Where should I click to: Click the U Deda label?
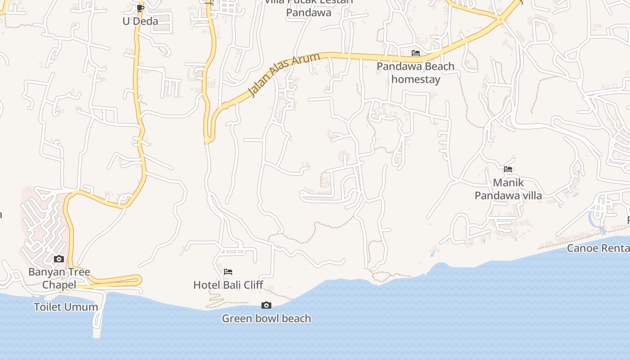[140, 21]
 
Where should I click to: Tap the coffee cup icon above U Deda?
[140, 8]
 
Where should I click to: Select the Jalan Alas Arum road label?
[284, 74]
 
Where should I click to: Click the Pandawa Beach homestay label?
[415, 73]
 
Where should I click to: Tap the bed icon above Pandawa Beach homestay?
[416, 53]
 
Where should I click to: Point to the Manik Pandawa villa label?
[508, 189]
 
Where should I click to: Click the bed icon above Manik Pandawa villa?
[508, 169]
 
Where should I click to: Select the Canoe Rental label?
[598, 248]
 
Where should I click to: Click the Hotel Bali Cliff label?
[228, 285]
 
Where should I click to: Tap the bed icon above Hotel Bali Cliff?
[228, 271]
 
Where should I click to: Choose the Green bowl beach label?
[266, 319]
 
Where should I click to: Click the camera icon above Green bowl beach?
[266, 306]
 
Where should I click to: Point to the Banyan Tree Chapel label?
[59, 278]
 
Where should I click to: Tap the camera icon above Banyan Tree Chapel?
[59, 259]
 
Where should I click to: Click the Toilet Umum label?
[66, 307]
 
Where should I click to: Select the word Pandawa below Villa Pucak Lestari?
[309, 13]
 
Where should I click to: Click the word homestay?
[415, 80]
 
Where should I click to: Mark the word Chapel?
[59, 285]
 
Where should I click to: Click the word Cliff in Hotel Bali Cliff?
[252, 285]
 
